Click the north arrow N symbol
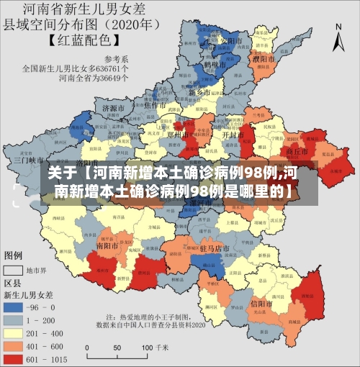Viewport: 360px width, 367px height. tap(338, 29)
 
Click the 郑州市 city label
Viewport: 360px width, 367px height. tap(196, 135)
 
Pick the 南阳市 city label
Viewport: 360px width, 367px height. tap(107, 245)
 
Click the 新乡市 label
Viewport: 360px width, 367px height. tap(199, 93)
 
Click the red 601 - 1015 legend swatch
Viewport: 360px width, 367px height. tap(14, 358)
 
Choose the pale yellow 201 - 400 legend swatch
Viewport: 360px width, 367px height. tap(14, 333)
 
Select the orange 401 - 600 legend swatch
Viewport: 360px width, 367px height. tap(14, 346)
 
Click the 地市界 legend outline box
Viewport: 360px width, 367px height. tap(14, 271)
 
